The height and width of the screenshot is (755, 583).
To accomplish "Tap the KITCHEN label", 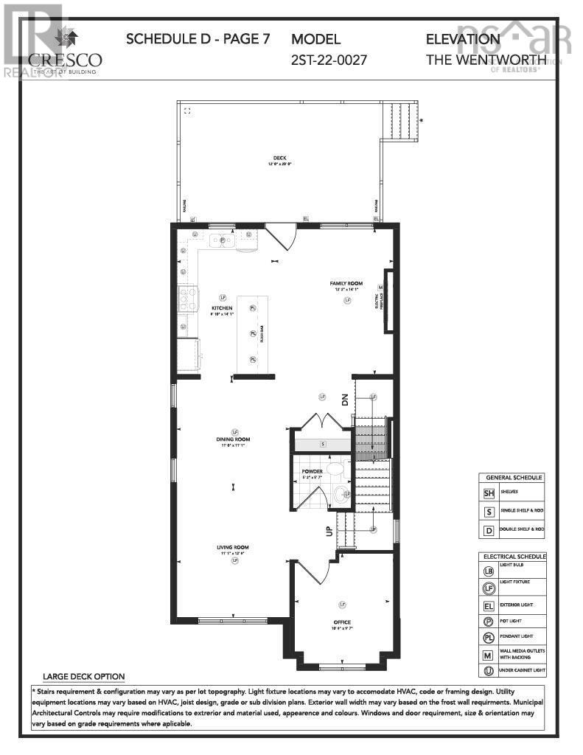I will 222,307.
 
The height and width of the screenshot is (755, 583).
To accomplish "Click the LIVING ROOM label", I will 232,547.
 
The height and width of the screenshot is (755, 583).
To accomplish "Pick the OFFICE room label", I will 341,622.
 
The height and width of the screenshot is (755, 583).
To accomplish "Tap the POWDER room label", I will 312,470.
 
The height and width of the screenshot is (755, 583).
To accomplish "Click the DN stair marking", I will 344,400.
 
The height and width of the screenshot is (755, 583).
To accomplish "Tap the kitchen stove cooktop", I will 187,299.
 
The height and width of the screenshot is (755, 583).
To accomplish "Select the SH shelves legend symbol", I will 488,493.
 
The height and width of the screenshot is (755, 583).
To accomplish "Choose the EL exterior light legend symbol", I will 488,605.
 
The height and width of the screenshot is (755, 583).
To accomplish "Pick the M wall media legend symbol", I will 488,653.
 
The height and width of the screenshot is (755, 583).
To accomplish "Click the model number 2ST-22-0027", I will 329,59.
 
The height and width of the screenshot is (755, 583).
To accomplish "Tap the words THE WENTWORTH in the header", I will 486,59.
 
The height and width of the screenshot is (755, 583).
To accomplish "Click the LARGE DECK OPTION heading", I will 83,676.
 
